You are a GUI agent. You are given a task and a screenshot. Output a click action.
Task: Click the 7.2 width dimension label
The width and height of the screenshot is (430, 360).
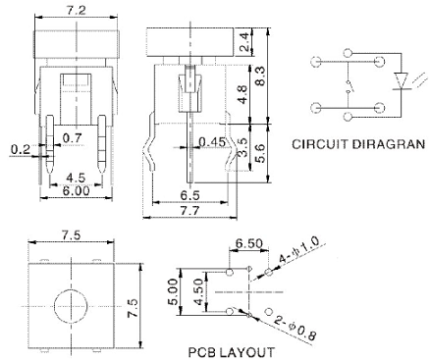(x=76, y=10)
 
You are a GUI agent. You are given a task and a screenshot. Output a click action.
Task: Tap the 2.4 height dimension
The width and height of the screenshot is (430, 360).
(x=244, y=42)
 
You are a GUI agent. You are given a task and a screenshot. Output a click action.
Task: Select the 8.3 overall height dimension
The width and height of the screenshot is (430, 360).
(x=260, y=77)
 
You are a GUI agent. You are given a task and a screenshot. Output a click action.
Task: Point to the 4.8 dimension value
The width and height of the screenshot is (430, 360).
(x=242, y=95)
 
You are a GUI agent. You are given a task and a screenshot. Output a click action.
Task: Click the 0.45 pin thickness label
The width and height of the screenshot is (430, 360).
(x=212, y=142)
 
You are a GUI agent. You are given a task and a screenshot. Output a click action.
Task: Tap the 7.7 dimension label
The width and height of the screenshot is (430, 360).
(x=190, y=211)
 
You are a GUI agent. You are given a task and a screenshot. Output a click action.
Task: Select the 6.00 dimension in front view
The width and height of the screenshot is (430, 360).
(x=76, y=190)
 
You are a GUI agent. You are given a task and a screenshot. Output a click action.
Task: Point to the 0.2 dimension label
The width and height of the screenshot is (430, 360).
(x=21, y=150)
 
